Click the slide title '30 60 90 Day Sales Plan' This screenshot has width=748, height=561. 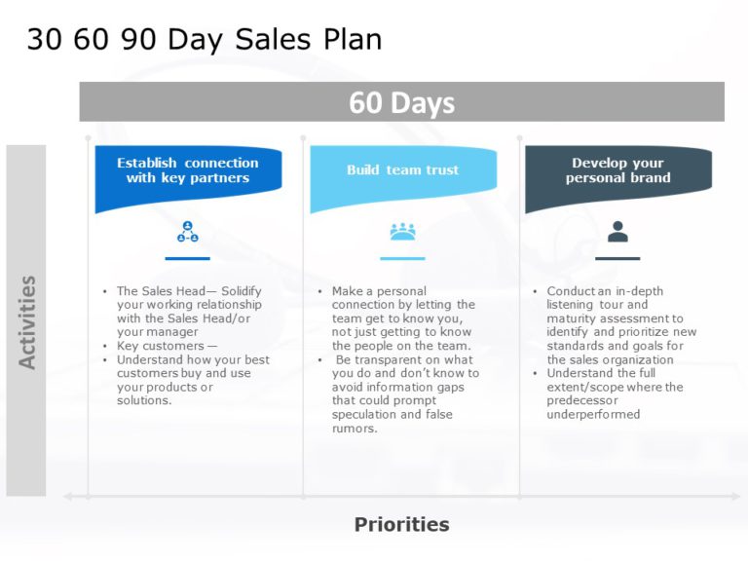coord(204,39)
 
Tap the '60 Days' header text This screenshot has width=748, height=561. coord(401,102)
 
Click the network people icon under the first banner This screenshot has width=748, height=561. coord(187,232)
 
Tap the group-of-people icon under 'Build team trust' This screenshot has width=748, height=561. coord(402,232)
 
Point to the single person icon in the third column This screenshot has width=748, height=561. coord(617,232)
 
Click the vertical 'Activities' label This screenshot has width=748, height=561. coord(27,321)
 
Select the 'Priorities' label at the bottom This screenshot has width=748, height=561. coord(401,525)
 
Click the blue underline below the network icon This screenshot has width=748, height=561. coord(187,258)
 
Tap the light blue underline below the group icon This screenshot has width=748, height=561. coord(402,258)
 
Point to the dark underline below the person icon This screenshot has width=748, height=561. coord(617,258)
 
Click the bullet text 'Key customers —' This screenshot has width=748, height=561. coord(167,346)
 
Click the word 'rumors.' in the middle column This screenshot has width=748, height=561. coord(355,429)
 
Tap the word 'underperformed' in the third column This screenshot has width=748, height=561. coord(593,415)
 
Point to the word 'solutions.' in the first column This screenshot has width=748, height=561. coord(144,401)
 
